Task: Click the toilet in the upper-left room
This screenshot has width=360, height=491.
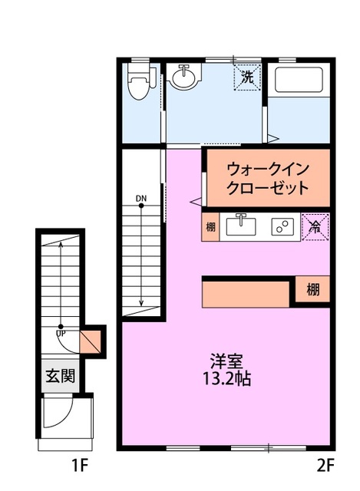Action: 139,82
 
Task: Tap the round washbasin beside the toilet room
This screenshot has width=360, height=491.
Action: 183,77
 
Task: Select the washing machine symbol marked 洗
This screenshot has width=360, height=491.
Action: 248,77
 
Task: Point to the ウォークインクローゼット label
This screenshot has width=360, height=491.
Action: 268,178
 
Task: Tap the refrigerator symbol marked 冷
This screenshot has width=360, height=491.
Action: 315,226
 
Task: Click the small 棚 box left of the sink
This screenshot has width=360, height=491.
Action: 210,227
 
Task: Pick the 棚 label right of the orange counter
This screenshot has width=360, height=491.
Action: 313,290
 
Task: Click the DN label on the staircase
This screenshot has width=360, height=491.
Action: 141,199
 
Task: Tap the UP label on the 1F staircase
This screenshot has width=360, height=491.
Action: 60,333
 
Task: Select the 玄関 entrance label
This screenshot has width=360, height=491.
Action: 59,377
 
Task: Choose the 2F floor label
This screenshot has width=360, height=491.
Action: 325,464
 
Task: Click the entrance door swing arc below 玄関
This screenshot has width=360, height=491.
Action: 58,414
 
